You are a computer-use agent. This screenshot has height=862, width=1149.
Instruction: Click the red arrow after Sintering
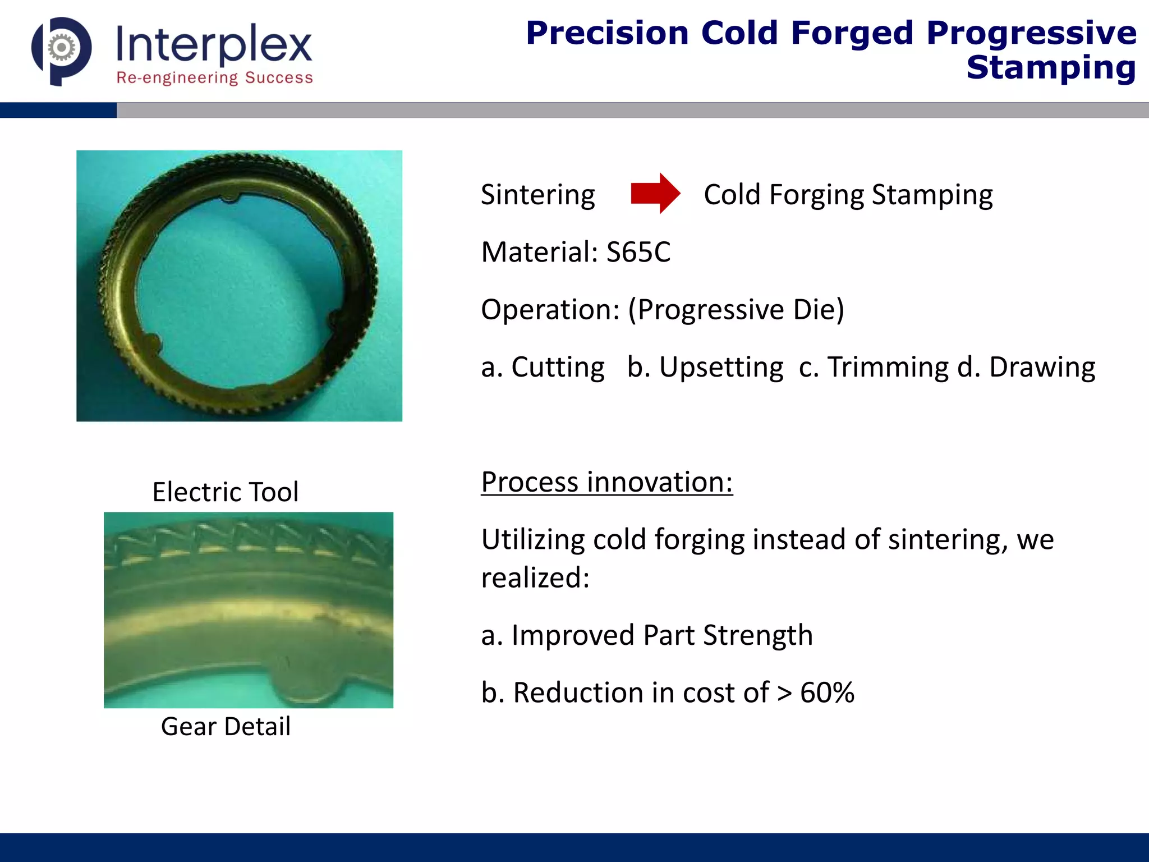pos(654,194)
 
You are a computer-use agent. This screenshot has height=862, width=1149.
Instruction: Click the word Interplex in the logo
pos(214,44)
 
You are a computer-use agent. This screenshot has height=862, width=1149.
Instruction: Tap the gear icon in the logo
pos(61,48)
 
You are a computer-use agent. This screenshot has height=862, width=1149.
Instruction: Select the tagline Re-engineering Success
pos(214,77)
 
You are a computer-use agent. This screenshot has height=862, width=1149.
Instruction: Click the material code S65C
pos(638,252)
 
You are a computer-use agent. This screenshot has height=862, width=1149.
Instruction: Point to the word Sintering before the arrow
pos(537,195)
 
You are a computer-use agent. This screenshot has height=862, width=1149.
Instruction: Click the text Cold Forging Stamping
pos(848,195)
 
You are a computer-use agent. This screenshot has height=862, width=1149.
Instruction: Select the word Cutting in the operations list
pos(558,367)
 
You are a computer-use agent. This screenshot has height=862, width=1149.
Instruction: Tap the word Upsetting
pos(721,367)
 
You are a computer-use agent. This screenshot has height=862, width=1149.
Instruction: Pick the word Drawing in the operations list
pos(1042,367)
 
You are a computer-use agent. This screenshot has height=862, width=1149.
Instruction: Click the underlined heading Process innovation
pos(606,482)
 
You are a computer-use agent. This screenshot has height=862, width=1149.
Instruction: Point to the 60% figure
pos(827,693)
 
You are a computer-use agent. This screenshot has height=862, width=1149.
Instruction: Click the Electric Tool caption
pos(225,492)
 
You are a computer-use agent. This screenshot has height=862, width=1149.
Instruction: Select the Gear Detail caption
pos(226,726)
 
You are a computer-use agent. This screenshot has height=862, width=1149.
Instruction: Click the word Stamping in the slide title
pos(1051,68)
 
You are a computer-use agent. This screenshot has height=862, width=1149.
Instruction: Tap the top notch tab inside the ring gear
pos(231,198)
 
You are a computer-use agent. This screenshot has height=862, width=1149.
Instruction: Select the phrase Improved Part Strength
pos(662,635)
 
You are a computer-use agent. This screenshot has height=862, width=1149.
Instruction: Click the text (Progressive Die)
pos(736,309)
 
